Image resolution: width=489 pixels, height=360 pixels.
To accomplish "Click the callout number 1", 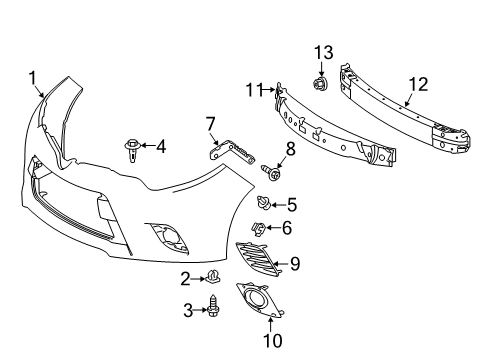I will (x=32, y=76).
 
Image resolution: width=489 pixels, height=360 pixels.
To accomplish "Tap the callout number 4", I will (x=160, y=147).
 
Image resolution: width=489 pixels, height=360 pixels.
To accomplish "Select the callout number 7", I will (x=210, y=123).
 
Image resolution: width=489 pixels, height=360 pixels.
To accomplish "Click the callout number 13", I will (x=323, y=52).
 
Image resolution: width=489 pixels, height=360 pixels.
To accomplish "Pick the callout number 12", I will (x=417, y=86).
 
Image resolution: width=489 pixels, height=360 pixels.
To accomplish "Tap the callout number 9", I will (x=295, y=265).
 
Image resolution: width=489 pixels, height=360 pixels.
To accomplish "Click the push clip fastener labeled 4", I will (x=132, y=149).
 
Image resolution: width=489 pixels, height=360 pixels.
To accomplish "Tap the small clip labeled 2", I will (x=213, y=277).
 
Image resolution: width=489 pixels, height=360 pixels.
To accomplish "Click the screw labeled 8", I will (x=271, y=173).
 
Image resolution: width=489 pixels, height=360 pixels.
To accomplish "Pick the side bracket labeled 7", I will (x=233, y=152).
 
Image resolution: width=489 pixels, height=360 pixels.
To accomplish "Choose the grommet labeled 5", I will (x=261, y=205).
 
